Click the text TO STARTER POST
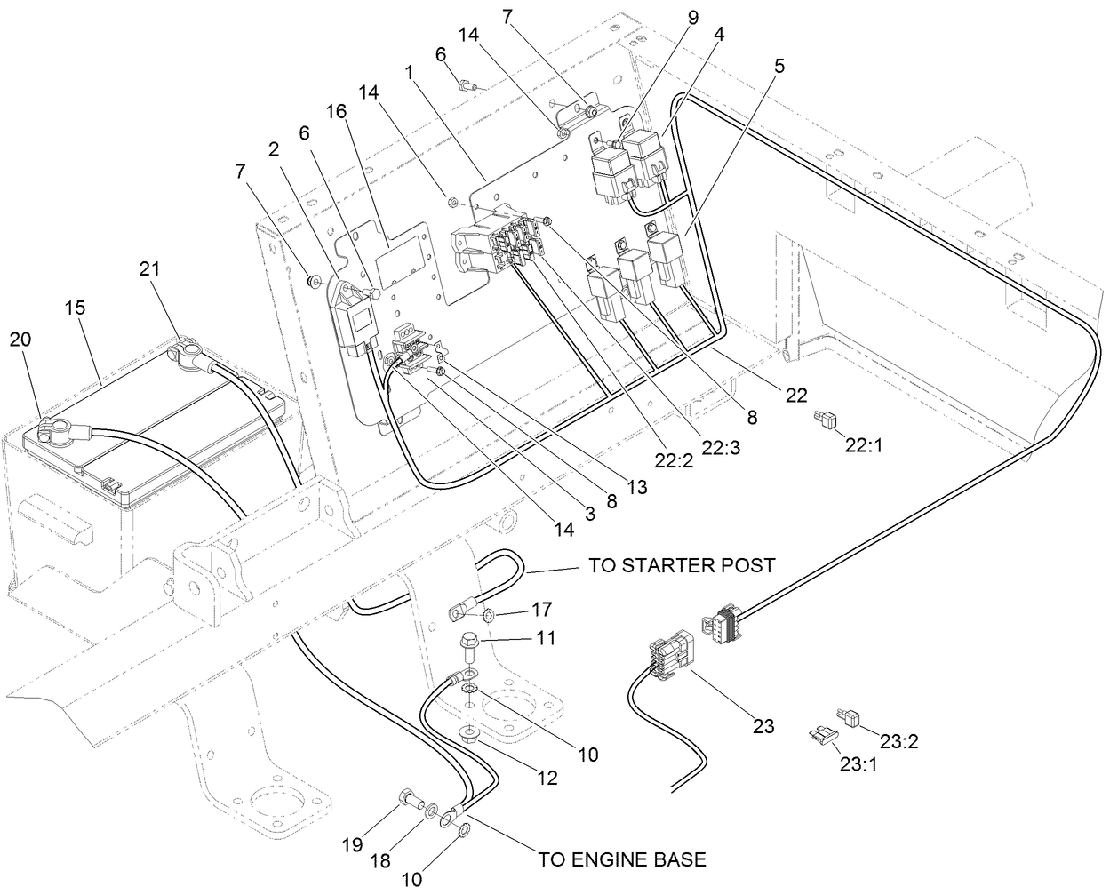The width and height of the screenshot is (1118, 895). coord(681,565)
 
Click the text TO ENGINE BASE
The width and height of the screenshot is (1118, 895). coord(622,859)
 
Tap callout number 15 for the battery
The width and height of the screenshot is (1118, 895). coord(75,307)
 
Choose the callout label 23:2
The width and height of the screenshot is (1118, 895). coord(898,739)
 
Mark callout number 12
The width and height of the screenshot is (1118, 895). coord(547,778)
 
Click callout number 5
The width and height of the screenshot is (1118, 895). coord(779,66)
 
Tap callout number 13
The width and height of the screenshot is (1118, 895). coord(636,487)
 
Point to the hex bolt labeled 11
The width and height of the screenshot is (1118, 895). coord(469,641)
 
